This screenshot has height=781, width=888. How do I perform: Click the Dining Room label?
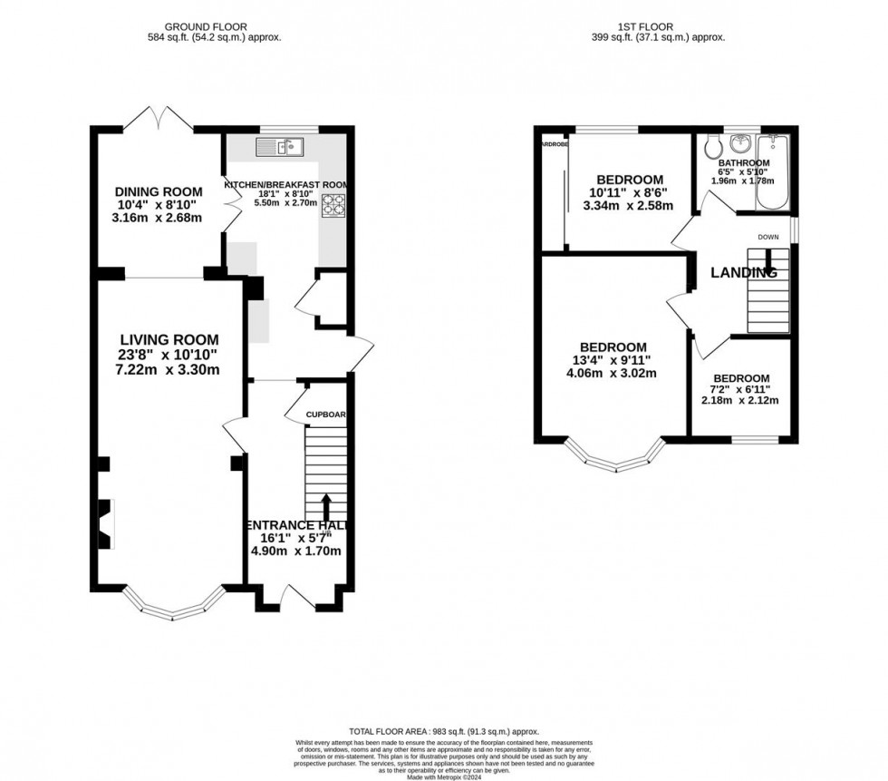pyautogui.click(x=158, y=191)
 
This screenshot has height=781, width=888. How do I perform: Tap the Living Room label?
pyautogui.click(x=158, y=340)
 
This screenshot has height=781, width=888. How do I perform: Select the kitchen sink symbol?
pyautogui.click(x=282, y=146)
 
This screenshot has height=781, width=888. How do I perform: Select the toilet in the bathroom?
pyautogui.click(x=712, y=145)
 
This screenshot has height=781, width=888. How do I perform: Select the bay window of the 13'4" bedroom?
pyautogui.click(x=619, y=459)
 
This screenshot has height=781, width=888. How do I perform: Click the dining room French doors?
pyautogui.click(x=159, y=119)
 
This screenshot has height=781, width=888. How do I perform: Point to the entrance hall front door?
pyautogui.click(x=297, y=596)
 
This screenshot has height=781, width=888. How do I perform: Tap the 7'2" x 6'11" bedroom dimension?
pyautogui.click(x=741, y=390)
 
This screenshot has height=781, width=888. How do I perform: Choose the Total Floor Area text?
pyautogui.click(x=443, y=731)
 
